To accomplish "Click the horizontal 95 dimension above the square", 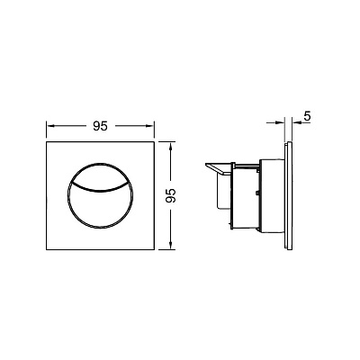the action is point(100,126).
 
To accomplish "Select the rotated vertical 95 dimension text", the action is point(170,195).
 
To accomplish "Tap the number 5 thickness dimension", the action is point(307,116).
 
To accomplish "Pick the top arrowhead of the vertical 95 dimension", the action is point(170,147).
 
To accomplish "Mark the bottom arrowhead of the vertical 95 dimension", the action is point(170,244).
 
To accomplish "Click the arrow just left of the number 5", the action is point(297,122).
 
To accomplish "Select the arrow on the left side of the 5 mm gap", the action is point(275,122).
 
